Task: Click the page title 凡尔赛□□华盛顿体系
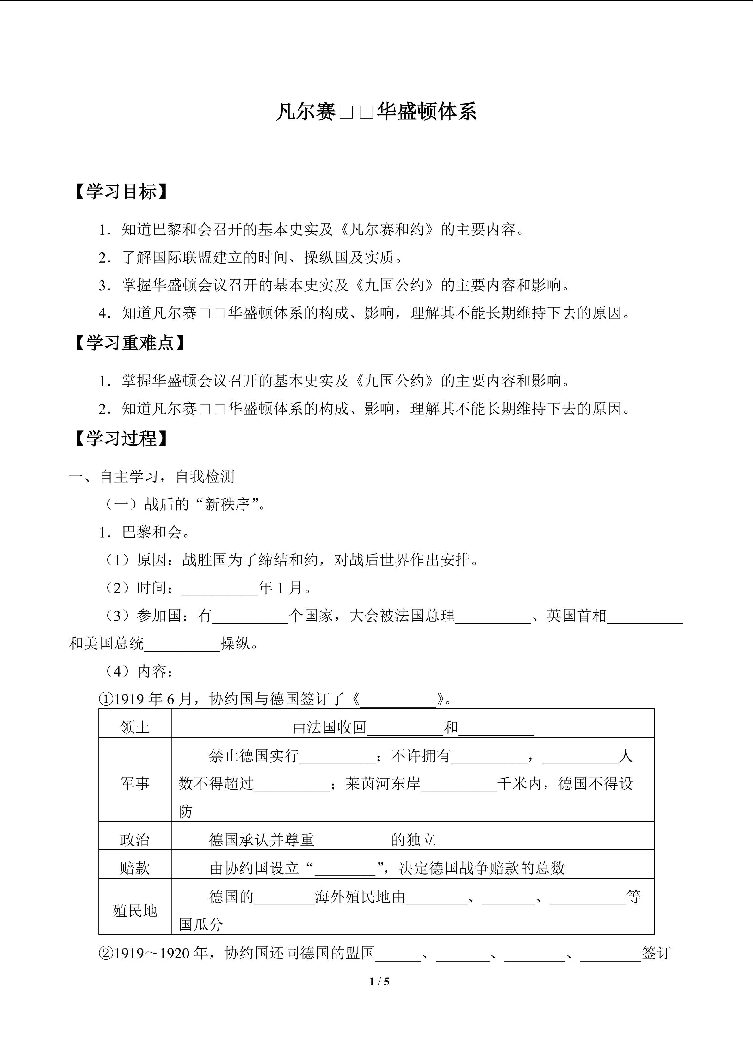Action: [376, 112]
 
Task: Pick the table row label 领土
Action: [135, 727]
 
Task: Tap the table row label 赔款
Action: [135, 868]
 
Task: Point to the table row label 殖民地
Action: [135, 911]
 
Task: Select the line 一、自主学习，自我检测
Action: [151, 477]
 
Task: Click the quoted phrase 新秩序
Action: [227, 504]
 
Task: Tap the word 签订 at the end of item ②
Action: [656, 953]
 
